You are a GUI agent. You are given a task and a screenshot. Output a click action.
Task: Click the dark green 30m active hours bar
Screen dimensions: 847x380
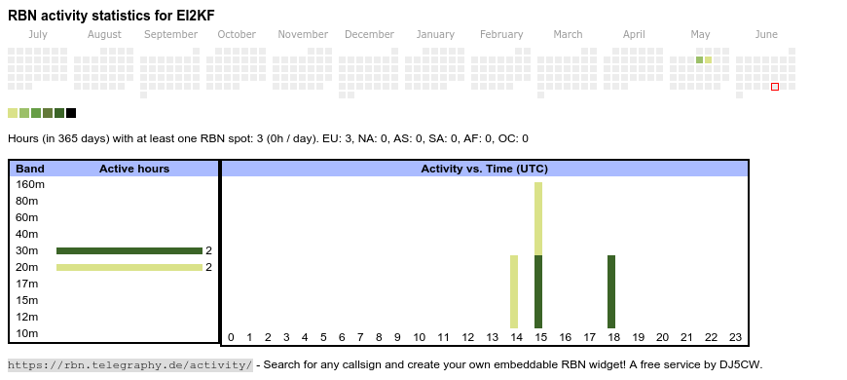pos(129,250)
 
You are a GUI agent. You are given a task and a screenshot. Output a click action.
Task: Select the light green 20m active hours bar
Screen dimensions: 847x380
pos(129,268)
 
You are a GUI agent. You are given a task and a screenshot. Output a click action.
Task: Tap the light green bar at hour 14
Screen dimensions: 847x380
pos(514,292)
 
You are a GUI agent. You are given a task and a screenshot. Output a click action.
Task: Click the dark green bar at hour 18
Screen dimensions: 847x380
pos(611,292)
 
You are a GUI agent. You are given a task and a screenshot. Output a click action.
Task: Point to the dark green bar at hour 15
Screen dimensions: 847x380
pos(538,292)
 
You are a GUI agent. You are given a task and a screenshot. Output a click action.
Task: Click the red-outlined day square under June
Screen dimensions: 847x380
pos(775,87)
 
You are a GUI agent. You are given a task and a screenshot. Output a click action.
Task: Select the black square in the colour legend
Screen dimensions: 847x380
pos(71,113)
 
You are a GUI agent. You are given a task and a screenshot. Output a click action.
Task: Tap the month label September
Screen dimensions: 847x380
pos(170,35)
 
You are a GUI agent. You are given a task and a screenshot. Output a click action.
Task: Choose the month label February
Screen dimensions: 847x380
pos(501,35)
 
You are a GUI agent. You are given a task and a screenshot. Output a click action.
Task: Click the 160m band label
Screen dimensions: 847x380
pos(30,185)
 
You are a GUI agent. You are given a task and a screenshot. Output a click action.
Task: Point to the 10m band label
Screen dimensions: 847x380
pos(27,333)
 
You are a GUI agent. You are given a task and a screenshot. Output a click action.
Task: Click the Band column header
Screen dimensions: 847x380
pos(30,170)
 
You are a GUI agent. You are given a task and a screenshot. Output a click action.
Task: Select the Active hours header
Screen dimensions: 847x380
pos(134,170)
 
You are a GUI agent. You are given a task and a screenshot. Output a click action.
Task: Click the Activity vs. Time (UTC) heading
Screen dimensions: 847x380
pos(485,170)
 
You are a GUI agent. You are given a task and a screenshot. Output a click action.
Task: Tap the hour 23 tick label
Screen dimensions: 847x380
pos(736,338)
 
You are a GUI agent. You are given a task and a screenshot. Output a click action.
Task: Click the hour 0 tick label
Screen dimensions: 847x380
pos(231,338)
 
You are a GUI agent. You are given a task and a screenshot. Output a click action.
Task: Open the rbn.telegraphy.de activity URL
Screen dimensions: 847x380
pos(130,364)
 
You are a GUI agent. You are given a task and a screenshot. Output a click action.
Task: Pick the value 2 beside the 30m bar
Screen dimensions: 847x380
pos(208,250)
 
